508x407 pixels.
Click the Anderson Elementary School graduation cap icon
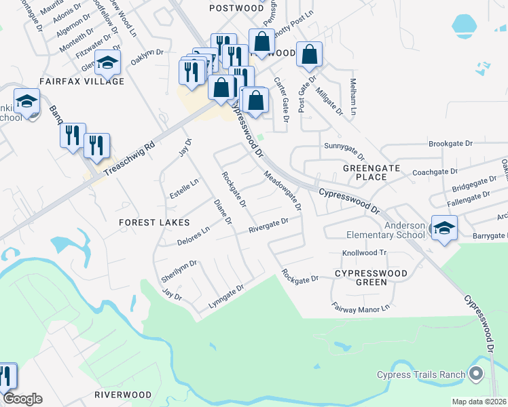(444, 228)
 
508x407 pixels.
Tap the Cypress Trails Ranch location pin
(475, 374)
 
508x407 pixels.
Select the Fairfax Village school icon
(107, 63)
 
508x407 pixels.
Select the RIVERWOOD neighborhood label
(123, 394)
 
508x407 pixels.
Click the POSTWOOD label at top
(236, 8)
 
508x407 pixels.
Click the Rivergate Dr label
(269, 225)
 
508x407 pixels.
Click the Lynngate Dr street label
(225, 296)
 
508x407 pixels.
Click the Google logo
(22, 399)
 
